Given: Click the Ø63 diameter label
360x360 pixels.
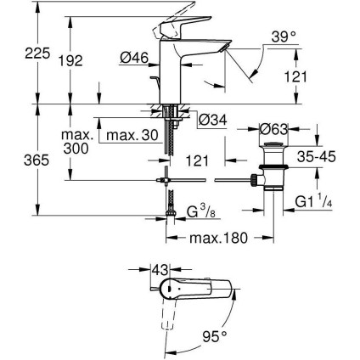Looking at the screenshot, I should click(274, 130).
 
